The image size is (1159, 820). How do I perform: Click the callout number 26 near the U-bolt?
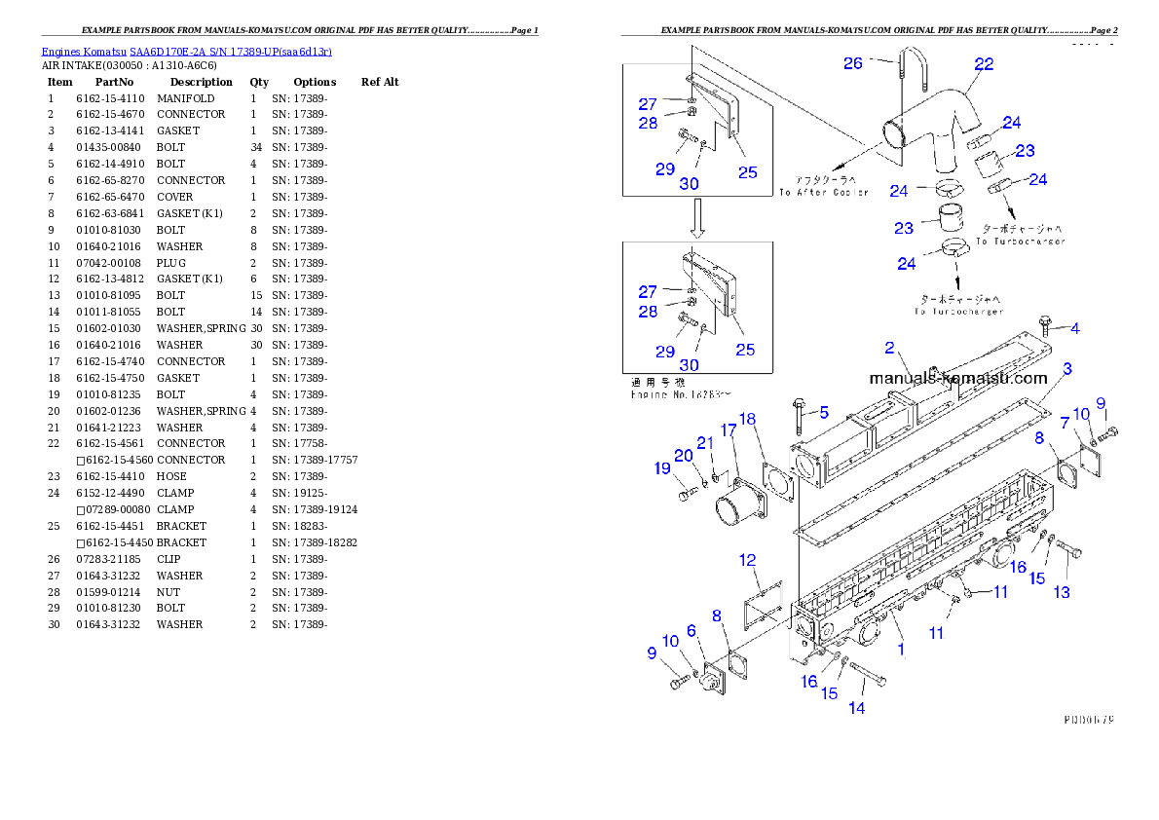[853, 63]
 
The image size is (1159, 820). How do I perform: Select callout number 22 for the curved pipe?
[984, 64]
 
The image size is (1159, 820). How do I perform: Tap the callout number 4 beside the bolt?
[1074, 328]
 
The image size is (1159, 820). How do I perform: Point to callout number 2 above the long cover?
[889, 348]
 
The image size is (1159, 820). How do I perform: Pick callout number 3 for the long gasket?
[1067, 369]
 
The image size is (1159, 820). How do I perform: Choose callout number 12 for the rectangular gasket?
[747, 560]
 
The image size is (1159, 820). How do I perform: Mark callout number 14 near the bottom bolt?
[856, 708]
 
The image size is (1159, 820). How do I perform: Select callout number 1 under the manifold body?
[901, 648]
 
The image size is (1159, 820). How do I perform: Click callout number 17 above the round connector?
[728, 430]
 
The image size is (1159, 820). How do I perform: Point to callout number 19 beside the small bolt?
[662, 468]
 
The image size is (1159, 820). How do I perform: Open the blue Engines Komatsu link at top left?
[186, 52]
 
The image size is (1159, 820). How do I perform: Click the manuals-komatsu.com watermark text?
[957, 378]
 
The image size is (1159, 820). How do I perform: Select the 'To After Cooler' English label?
[823, 193]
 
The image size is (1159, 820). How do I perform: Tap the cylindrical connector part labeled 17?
[736, 508]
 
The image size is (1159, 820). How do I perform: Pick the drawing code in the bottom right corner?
[1088, 721]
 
